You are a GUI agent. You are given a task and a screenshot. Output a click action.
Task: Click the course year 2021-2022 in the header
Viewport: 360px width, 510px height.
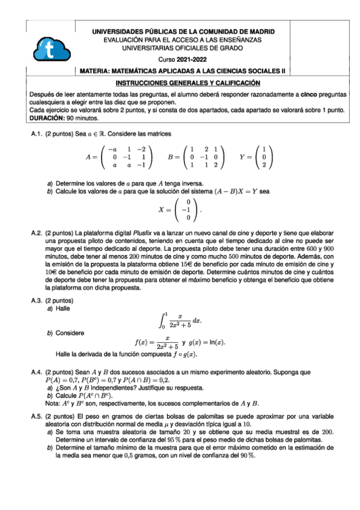coord(192,60)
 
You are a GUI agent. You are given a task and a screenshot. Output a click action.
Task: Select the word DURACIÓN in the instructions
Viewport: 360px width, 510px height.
coord(47,118)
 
